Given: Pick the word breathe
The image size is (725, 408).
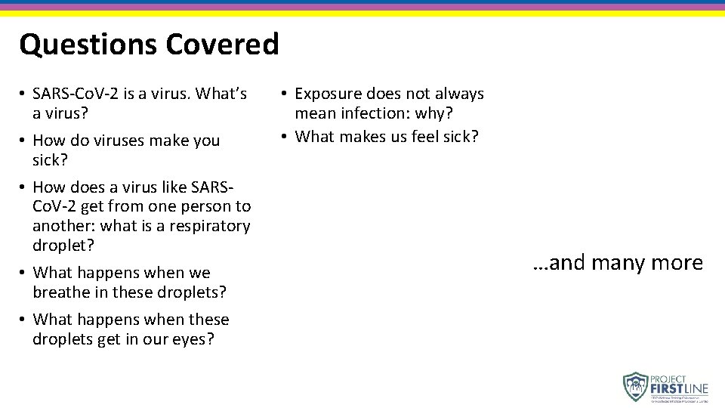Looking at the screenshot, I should tap(60, 292).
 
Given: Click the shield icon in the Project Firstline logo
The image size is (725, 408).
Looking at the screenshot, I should tap(636, 386).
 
